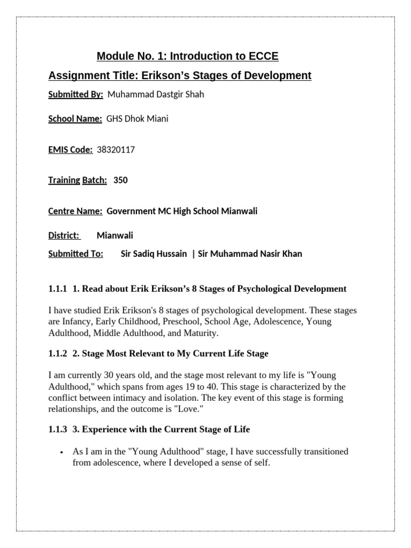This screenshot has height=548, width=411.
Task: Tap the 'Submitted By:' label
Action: [75, 95]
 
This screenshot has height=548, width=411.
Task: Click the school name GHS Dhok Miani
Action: [138, 119]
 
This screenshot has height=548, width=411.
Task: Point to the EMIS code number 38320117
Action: [116, 150]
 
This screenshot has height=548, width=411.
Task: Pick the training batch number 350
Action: [120, 180]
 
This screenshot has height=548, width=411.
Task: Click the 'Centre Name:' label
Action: [75, 211]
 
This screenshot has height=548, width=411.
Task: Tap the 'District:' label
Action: [64, 235]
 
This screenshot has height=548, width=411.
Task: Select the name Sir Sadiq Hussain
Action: [154, 254]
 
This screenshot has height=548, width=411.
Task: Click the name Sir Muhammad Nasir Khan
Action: [250, 254]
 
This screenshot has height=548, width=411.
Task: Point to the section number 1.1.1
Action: [57, 289]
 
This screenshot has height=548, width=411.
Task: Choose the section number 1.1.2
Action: [57, 354]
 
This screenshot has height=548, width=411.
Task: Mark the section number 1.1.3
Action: [57, 429]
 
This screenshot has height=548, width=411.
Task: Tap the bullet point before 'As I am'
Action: [64, 453]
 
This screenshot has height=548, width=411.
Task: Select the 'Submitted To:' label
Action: [75, 254]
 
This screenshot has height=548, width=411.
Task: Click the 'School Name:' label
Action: [75, 119]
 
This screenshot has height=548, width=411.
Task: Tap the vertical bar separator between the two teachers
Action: [193, 254]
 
